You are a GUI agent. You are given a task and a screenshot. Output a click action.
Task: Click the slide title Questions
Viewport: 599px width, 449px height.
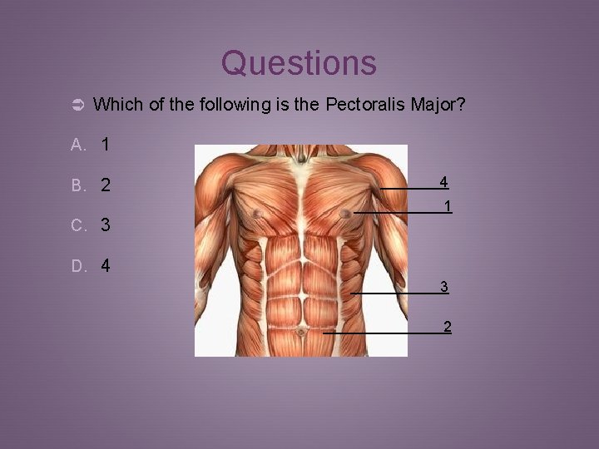point(299,63)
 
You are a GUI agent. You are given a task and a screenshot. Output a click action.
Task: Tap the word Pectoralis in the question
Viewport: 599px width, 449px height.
point(364,105)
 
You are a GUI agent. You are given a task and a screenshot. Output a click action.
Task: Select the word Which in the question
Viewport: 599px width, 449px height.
point(116,105)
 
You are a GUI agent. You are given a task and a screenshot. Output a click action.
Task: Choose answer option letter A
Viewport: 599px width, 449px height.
point(77,146)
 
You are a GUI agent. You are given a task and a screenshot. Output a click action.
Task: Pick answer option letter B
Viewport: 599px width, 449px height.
point(77,185)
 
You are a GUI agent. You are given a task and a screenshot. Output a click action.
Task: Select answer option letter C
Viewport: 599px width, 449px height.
point(77,225)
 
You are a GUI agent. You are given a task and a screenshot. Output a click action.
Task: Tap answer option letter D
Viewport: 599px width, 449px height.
point(77,267)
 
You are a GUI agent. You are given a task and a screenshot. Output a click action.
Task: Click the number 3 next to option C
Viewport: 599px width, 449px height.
point(106,225)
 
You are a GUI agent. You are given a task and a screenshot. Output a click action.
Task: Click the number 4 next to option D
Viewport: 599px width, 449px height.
point(106,267)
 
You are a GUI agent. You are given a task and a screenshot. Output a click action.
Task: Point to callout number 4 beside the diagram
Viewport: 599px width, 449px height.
point(444,181)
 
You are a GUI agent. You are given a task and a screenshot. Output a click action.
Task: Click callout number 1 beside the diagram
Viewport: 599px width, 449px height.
point(448,205)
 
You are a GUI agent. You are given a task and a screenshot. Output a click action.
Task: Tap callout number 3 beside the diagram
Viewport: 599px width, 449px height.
point(444,287)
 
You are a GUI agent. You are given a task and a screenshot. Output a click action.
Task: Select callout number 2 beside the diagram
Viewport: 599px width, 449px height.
point(448,326)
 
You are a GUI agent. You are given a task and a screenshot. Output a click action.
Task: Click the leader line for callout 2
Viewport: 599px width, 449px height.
point(383,333)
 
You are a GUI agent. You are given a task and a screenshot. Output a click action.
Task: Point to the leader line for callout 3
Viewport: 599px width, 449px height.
point(395,294)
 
